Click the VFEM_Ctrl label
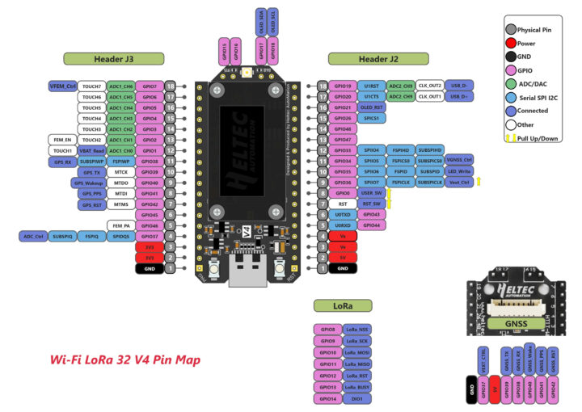point(62,86)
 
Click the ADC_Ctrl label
point(33,237)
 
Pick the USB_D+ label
point(460,97)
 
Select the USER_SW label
point(371,194)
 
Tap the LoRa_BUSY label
point(357,387)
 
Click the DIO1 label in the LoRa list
point(357,398)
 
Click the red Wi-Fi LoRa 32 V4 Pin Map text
point(125,359)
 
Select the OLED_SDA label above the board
point(260,19)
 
